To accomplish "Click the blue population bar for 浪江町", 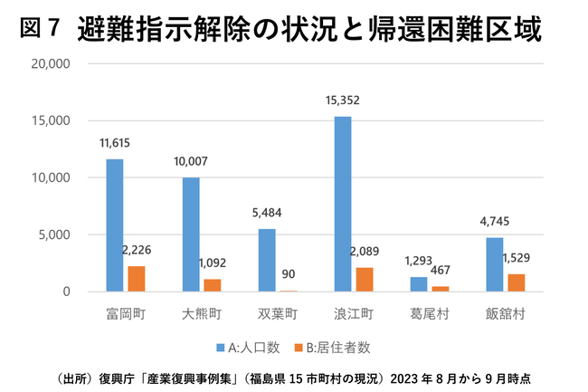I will pos(343,204).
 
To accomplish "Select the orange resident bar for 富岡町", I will pos(137,279).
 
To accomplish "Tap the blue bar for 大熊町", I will pos(191,234).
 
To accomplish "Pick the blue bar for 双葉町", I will pos(267,260).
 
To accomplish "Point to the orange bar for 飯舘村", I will pos(516,282).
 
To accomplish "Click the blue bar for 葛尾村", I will pos(419,284).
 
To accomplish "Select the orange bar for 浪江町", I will pos(365,280).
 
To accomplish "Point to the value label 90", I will pos(289,272).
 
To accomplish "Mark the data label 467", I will pos(441,269).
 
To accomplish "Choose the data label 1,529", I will pos(517,258).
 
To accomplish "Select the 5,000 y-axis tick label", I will pos(55,235).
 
